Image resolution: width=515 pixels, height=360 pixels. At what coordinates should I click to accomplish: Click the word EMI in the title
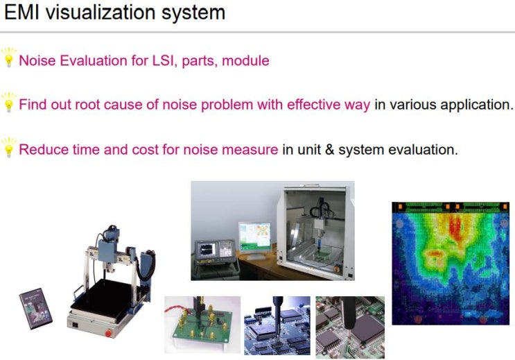22,12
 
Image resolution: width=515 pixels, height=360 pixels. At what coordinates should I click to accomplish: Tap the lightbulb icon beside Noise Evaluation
9,57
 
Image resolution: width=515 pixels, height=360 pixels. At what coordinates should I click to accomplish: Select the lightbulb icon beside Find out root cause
9,102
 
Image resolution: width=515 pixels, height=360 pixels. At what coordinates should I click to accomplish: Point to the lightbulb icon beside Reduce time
9,147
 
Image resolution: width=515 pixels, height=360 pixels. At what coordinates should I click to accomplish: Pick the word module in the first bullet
245,61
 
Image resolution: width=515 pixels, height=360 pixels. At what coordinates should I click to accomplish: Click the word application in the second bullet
476,105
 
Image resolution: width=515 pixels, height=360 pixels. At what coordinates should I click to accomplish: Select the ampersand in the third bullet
329,150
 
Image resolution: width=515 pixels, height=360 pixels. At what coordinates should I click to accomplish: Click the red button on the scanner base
108,333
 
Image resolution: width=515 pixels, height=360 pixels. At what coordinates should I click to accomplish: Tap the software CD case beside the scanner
36,309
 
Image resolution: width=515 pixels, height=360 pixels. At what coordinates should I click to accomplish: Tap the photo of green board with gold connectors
202,325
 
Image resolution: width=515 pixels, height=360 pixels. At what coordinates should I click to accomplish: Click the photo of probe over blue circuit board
277,325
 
